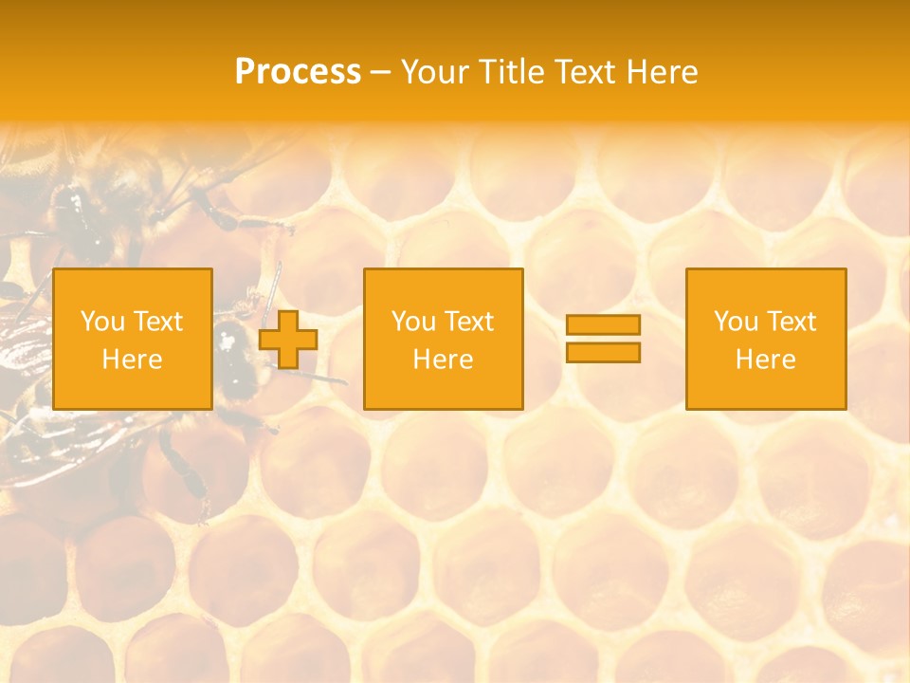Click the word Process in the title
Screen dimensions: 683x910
coord(298,72)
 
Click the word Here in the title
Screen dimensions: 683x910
coord(663,72)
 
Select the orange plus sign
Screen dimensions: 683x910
coord(288,340)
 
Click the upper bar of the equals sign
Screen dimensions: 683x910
coord(603,325)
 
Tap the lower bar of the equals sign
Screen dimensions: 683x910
coord(603,353)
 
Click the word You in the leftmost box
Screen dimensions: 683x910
coord(101,322)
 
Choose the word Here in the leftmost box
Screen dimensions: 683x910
coord(132,360)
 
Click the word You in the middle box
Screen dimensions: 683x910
coord(412,322)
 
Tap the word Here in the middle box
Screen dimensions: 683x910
coord(443,360)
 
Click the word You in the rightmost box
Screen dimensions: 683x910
coord(735,322)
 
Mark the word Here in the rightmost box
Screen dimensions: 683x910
coord(765,360)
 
